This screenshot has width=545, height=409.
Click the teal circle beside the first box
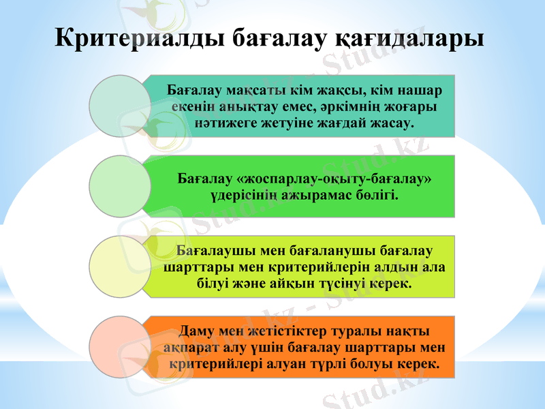[121, 105]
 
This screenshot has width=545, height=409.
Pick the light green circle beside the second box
[121, 185]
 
